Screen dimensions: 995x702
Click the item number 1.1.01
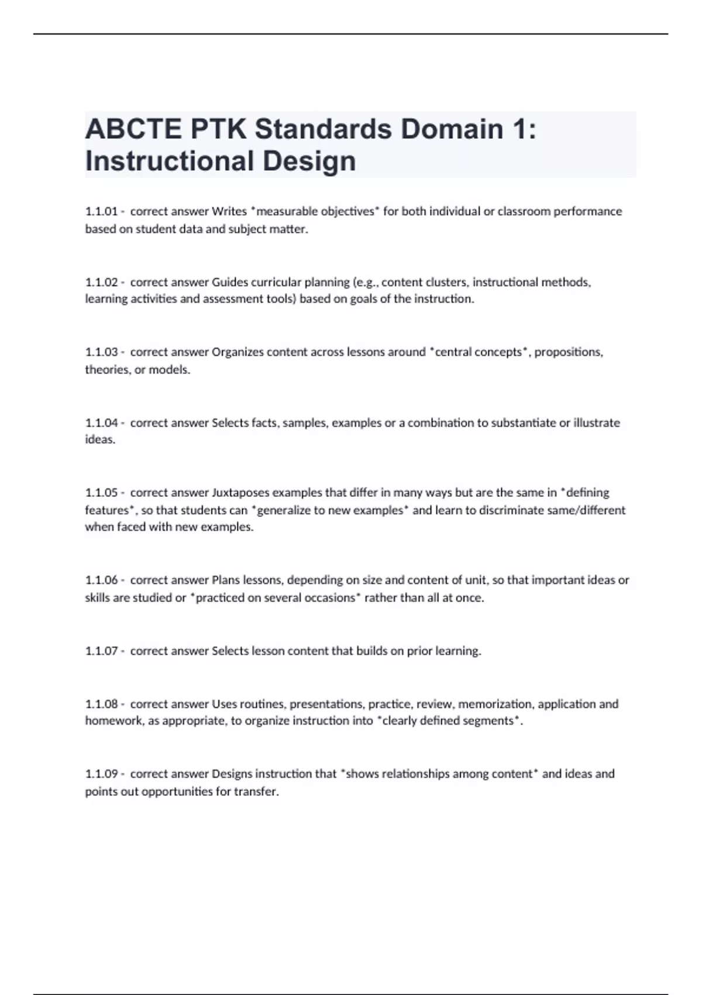[102, 211]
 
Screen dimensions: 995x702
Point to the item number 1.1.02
[102, 282]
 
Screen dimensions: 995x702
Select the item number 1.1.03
[102, 352]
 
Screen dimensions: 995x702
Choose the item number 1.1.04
[102, 423]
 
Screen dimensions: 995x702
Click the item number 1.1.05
[102, 493]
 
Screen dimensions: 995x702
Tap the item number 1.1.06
[102, 580]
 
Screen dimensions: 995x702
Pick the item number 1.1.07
[102, 651]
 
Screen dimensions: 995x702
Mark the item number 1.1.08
[102, 704]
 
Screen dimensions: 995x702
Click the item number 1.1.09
[102, 774]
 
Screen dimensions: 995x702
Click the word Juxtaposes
[240, 493]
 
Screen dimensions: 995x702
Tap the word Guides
[230, 282]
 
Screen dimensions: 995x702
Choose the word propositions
[568, 352]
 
